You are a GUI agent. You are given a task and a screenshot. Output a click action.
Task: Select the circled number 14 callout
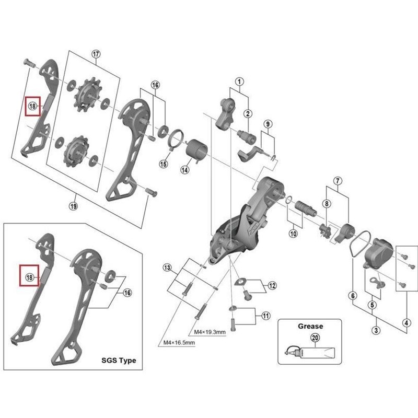point(185,169)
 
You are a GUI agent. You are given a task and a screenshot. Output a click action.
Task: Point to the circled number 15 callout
point(163,164)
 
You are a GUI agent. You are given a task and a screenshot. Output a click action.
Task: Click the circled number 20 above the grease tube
point(315,338)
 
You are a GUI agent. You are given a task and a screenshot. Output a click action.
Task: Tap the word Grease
point(310,326)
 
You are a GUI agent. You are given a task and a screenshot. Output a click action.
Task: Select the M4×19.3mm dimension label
point(209,332)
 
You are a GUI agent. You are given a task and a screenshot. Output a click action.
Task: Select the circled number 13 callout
point(167,268)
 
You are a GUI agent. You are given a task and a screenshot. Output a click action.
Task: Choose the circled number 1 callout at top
point(239,82)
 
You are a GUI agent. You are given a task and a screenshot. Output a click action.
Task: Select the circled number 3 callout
point(375,330)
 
